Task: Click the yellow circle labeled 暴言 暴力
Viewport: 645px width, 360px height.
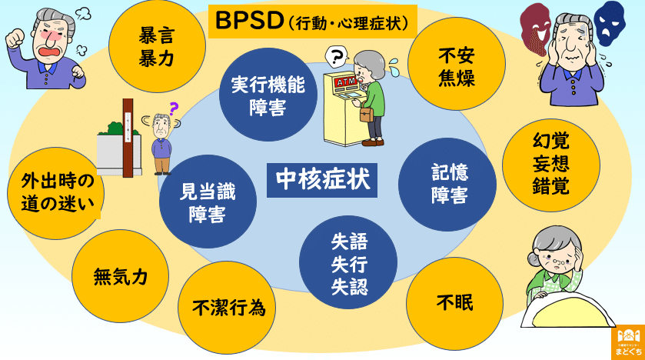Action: pyautogui.click(x=157, y=47)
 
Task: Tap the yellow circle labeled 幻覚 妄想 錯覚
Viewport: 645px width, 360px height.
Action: pyautogui.click(x=550, y=164)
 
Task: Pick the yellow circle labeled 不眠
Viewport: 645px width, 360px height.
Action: pyautogui.click(x=454, y=302)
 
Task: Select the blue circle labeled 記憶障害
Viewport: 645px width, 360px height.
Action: pyautogui.click(x=447, y=184)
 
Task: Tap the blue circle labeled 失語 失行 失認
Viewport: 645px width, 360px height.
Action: pyautogui.click(x=348, y=265)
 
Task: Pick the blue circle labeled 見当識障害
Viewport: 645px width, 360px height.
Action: pyautogui.click(x=207, y=201)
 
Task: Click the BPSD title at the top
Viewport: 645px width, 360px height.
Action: pyautogui.click(x=312, y=22)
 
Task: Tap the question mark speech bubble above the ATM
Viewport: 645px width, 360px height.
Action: pyautogui.click(x=335, y=55)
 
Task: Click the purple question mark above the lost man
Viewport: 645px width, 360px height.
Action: pyautogui.click(x=173, y=108)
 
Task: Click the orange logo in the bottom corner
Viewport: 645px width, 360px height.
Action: pyautogui.click(x=628, y=342)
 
